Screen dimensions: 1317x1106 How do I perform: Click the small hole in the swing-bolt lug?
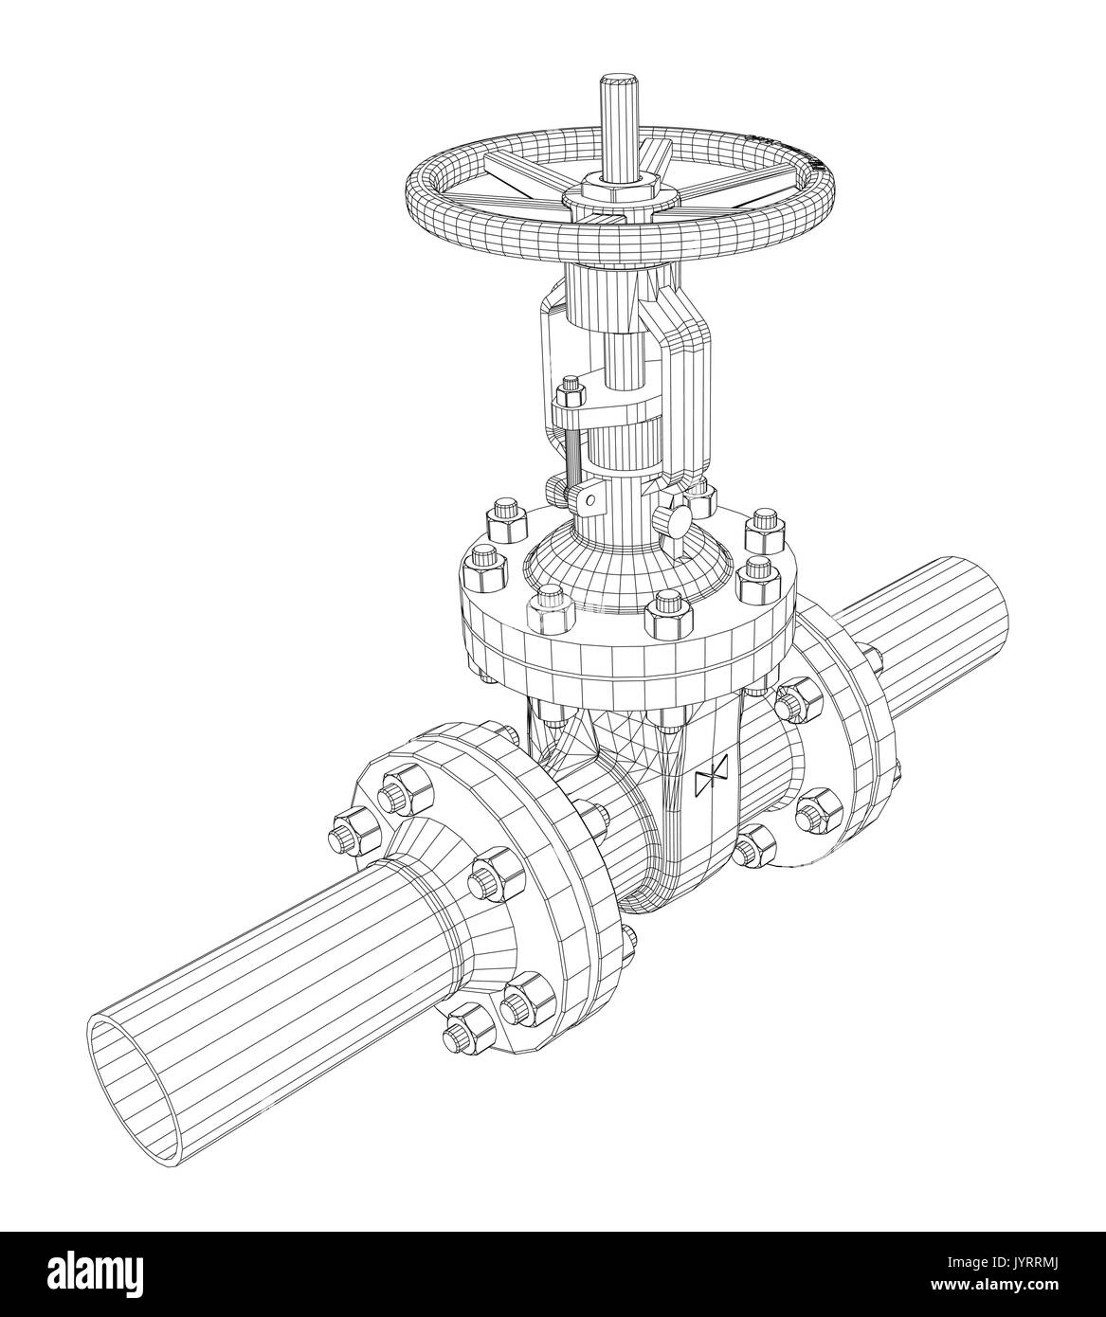(589, 497)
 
